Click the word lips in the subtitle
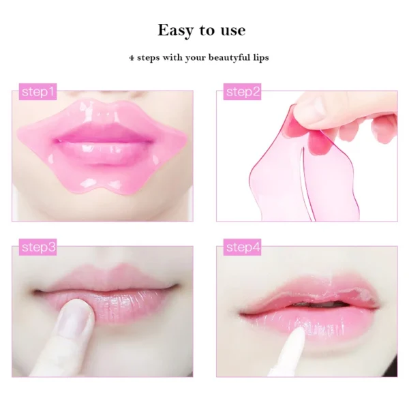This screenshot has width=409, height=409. [x=260, y=58]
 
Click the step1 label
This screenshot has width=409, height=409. [x=38, y=92]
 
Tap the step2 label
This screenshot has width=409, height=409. [x=243, y=92]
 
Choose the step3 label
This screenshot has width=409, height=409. [x=38, y=247]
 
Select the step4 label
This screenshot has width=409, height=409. [x=243, y=247]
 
